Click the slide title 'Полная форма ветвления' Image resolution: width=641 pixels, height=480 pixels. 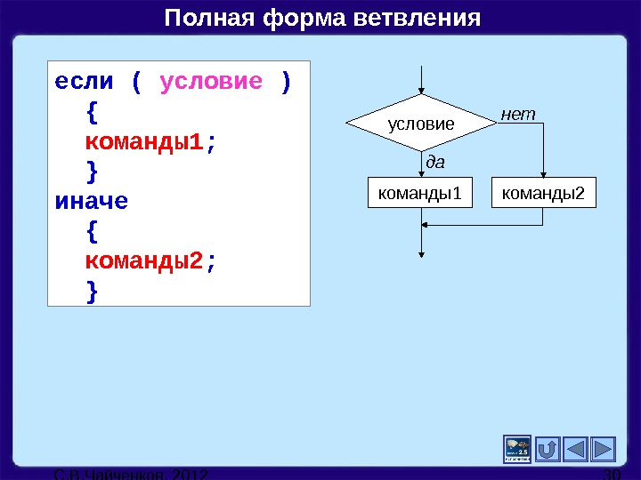pos(321,19)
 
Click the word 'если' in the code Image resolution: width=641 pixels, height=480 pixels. pos(85,83)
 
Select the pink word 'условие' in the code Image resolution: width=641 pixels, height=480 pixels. pos(211,83)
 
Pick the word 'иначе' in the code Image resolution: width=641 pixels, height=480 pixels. pos(92,201)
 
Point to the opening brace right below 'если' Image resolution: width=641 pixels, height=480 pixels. pos(93,113)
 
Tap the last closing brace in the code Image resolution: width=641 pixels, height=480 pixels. pos(93,291)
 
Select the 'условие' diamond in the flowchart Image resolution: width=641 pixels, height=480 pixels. pos(420,124)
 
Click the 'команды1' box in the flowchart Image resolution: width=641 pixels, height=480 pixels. pos(420,192)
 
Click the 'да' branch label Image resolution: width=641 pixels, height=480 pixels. pos(435,162)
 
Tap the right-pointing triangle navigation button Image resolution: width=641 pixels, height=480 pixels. pos(603,449)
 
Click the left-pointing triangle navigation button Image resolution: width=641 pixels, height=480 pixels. pos(576,449)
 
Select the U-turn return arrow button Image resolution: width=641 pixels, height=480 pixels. pos(548,449)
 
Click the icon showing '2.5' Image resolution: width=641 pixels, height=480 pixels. pos(517,449)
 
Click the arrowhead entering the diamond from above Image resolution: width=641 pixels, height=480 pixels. pos(421,90)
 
